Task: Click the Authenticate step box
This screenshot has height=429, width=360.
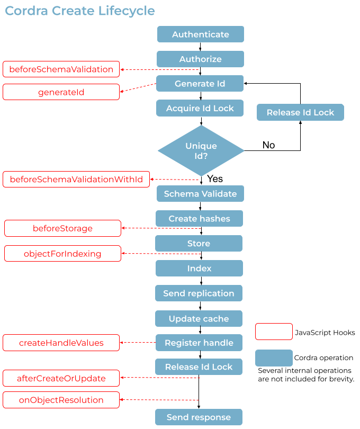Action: tap(200, 34)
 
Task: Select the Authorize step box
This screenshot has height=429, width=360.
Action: tap(200, 59)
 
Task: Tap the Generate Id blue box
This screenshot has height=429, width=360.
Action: tap(200, 84)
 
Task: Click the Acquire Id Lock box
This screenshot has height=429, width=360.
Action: tap(200, 108)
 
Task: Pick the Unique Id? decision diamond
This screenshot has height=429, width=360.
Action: tap(201, 151)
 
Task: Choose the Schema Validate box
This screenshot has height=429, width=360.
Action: tap(200, 194)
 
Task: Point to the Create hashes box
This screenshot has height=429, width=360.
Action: tap(199, 219)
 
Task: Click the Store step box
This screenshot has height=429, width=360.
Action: tap(199, 244)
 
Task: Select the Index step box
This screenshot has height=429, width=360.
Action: tap(199, 269)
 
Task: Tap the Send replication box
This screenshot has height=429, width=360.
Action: tap(199, 293)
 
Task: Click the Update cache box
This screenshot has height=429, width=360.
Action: tap(199, 319)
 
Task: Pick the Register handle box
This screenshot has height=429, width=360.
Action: tap(199, 343)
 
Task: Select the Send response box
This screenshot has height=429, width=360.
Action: tap(199, 417)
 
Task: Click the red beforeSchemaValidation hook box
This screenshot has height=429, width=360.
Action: tap(61, 69)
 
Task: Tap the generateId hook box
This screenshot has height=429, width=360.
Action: tap(61, 92)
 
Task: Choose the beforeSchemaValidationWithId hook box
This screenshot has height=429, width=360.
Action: tap(76, 180)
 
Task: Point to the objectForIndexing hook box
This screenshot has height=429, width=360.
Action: tap(62, 254)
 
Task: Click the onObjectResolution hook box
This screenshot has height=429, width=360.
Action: tap(61, 400)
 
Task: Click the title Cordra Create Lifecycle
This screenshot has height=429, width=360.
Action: tap(80, 11)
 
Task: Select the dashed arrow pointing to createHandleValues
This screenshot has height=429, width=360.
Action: tap(138, 343)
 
